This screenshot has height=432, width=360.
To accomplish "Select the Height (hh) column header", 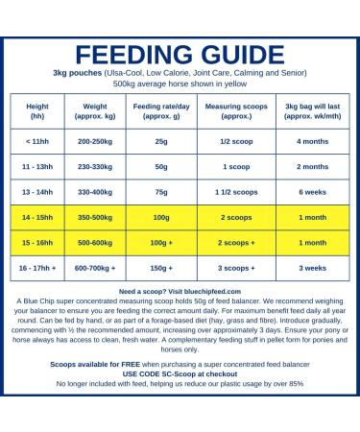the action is coord(40,109).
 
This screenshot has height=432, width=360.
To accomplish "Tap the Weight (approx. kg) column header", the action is coord(100,109).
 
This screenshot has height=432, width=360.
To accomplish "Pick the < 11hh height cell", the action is coord(40,140).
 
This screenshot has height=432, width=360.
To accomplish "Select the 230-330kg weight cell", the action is coord(100,166).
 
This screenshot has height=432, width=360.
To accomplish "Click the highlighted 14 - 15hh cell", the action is coord(40,218).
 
